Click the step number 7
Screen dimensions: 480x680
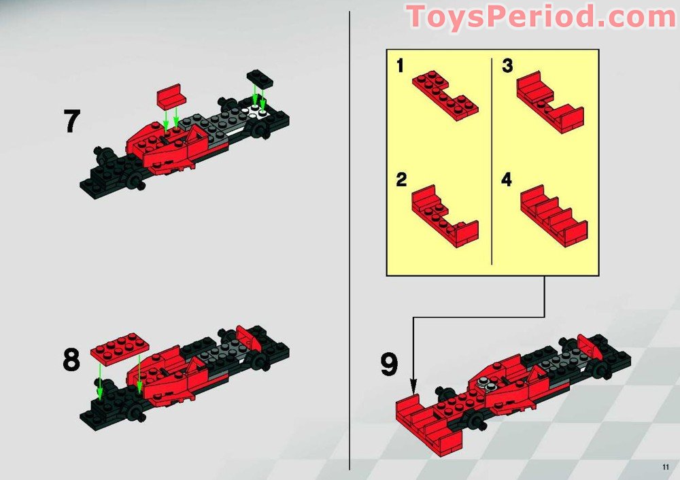(71, 121)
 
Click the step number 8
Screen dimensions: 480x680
(71, 360)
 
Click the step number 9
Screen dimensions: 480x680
(388, 365)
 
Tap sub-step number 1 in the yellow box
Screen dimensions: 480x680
(401, 66)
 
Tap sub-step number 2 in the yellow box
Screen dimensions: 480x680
(401, 180)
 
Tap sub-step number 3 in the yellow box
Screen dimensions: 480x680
(507, 66)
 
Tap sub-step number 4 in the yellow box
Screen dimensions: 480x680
(507, 180)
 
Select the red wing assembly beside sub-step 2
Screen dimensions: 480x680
(444, 213)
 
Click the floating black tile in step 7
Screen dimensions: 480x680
(260, 78)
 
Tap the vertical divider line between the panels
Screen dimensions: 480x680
(350, 238)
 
